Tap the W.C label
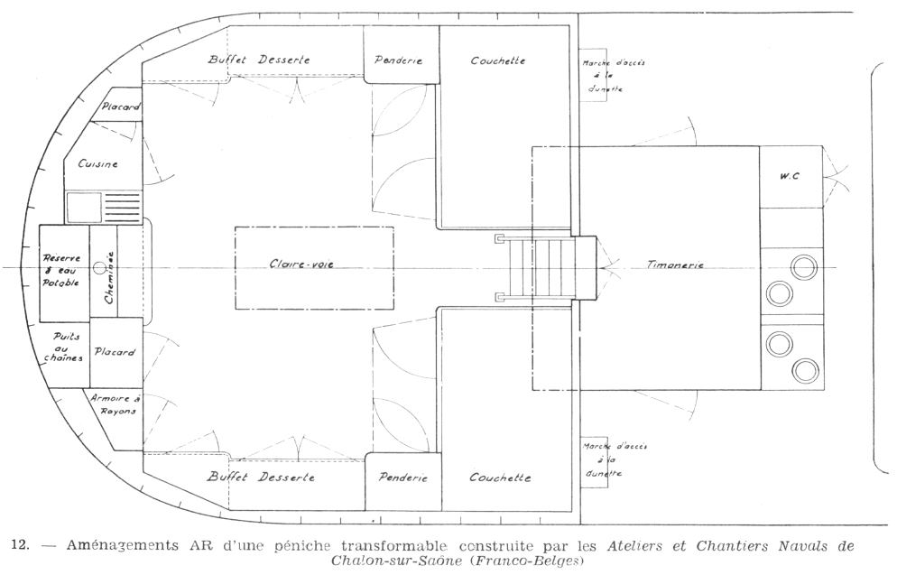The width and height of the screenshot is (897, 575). click(790, 176)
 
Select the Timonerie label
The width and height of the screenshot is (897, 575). click(675, 264)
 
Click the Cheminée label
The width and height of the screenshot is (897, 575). click(109, 277)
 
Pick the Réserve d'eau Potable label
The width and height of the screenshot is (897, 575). click(62, 270)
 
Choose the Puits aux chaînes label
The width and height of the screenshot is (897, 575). click(68, 347)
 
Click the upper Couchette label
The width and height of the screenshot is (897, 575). click(497, 60)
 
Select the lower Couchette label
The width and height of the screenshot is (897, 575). click(500, 478)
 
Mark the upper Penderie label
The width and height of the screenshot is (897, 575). click(399, 60)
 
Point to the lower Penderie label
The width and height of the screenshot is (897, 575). click(402, 478)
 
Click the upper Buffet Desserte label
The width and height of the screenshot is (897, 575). click(258, 60)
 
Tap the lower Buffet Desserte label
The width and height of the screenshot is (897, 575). click(261, 477)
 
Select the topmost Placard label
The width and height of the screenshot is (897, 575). click(120, 107)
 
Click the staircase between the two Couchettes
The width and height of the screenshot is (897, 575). click(536, 268)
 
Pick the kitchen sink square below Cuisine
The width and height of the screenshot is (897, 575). click(83, 208)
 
